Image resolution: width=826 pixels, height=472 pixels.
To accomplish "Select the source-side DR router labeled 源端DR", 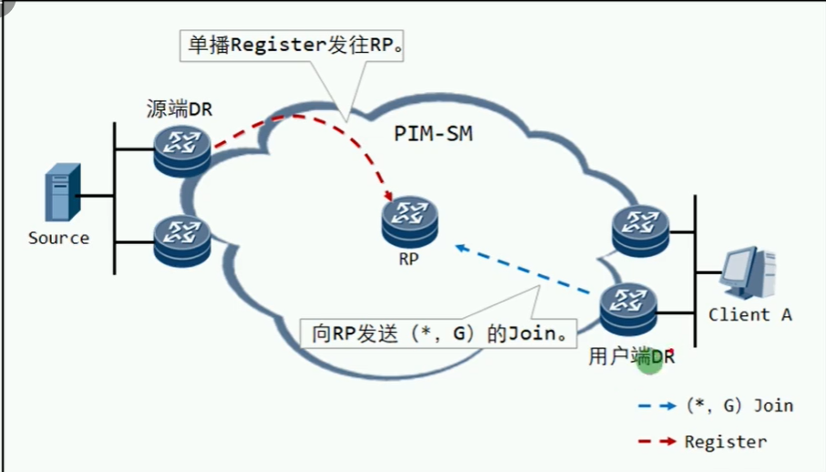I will click(182, 149).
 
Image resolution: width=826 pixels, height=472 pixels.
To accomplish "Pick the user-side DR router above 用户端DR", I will click(628, 313).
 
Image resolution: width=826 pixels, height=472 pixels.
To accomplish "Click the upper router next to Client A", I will click(640, 231).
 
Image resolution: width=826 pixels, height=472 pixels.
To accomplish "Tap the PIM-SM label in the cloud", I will click(434, 134).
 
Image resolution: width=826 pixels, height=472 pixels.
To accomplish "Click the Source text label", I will click(58, 239).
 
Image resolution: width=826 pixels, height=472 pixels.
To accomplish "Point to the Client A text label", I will click(749, 315).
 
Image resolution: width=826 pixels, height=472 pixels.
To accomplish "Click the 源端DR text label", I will click(179, 109).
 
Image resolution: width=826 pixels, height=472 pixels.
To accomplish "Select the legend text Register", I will click(725, 442).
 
